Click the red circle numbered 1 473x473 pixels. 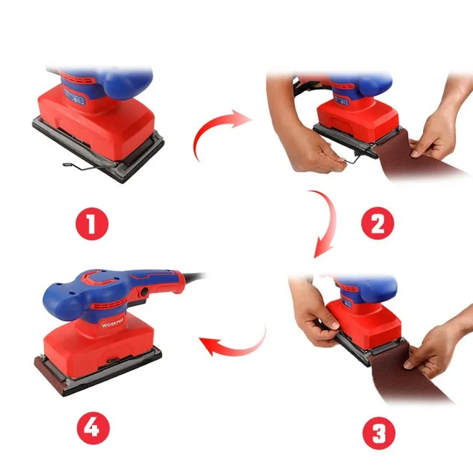coord(91,224)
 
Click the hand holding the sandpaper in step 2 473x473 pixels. coord(435,136)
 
